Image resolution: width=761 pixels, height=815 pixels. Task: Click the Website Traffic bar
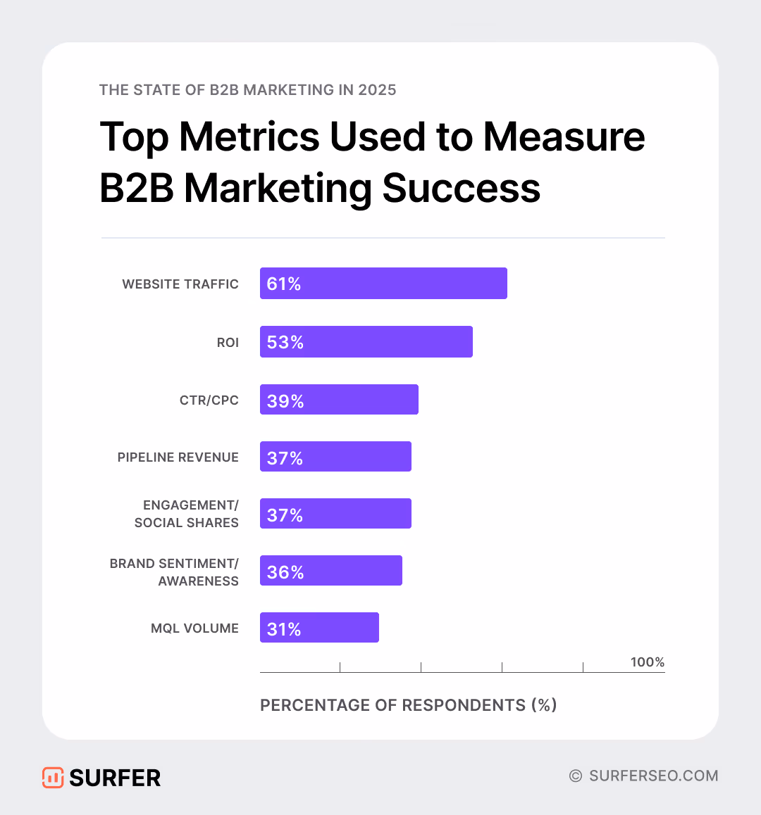[x=383, y=284]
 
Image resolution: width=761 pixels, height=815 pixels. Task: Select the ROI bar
[x=366, y=342]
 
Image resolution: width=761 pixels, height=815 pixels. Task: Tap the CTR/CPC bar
[x=339, y=400]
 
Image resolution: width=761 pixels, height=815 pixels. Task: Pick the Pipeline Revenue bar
[x=335, y=457]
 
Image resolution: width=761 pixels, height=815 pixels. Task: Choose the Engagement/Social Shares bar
[x=335, y=514]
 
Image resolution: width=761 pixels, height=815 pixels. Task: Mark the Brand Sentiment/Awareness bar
[x=331, y=571]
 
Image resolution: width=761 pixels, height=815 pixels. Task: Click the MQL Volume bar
[x=319, y=628]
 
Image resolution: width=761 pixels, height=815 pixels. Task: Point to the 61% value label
[x=284, y=284]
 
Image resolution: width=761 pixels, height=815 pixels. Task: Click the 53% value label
[x=285, y=342]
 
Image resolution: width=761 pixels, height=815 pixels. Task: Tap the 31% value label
[x=284, y=628]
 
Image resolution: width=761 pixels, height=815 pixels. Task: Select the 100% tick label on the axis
[x=648, y=662]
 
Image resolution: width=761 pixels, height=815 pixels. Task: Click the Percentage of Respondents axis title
[x=409, y=705]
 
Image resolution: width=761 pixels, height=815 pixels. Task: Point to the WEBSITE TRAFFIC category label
[x=180, y=284]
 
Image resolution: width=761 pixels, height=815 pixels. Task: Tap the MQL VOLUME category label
[x=194, y=628]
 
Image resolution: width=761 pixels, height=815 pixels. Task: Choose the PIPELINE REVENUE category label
[x=178, y=457]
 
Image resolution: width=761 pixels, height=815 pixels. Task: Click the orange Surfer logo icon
[x=53, y=778]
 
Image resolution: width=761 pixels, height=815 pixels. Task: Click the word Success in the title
[x=462, y=189]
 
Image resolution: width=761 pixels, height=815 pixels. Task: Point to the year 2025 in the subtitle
[x=377, y=90]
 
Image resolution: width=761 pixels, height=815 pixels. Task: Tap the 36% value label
[x=285, y=571]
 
